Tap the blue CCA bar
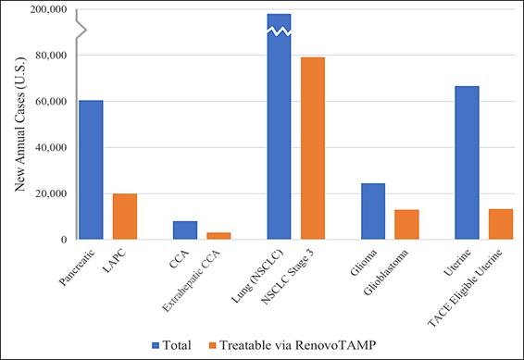point(185,230)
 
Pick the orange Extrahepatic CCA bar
point(218,235)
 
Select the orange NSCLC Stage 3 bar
point(312,148)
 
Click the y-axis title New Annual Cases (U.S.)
point(19,124)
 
